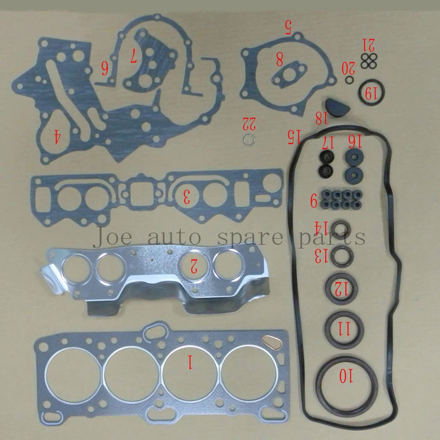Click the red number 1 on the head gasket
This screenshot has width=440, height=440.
pos(190,361)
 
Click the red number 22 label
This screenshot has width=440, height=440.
pos(249,122)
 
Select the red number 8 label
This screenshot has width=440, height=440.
pos(279,57)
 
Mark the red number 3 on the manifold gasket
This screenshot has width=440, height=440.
pos(187,196)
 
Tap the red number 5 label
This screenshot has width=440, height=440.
pos(287,27)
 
